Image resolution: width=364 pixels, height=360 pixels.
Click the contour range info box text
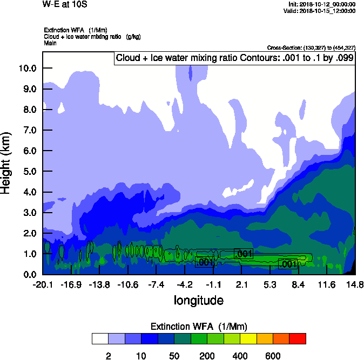235,58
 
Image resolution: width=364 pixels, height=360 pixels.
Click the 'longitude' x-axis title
198,300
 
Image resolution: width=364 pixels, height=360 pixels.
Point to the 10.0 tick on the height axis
27,68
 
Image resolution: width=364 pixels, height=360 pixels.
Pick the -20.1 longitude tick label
42,284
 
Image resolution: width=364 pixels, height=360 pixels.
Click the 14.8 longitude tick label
354,284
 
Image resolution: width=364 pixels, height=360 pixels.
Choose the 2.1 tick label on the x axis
241,284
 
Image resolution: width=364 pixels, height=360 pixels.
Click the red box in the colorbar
298,338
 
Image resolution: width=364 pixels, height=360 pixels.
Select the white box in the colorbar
100,338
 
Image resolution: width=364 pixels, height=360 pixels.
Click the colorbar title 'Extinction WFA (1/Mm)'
198,326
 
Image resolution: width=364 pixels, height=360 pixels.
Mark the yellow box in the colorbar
248,338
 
